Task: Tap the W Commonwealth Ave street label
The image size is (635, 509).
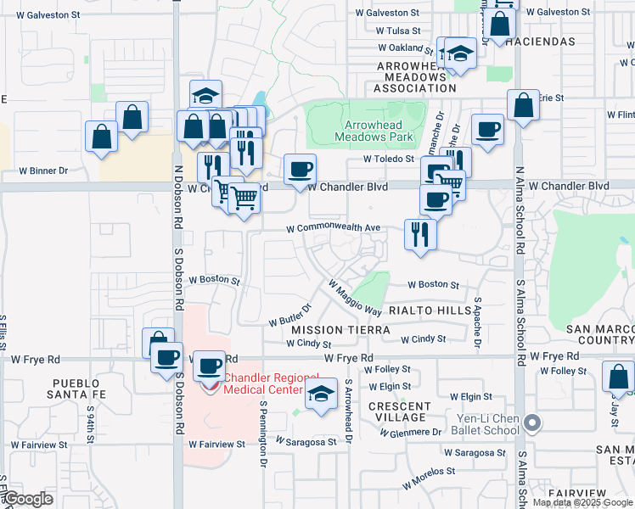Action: tap(333, 228)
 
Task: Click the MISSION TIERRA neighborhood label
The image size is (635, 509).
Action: tap(340, 329)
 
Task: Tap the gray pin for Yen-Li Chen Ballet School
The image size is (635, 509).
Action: tap(532, 422)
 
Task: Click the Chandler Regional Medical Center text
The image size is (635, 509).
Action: tap(269, 383)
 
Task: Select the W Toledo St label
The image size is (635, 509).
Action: tap(388, 159)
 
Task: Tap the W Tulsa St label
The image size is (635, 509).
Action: tap(397, 30)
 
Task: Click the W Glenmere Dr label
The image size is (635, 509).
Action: tap(411, 432)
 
